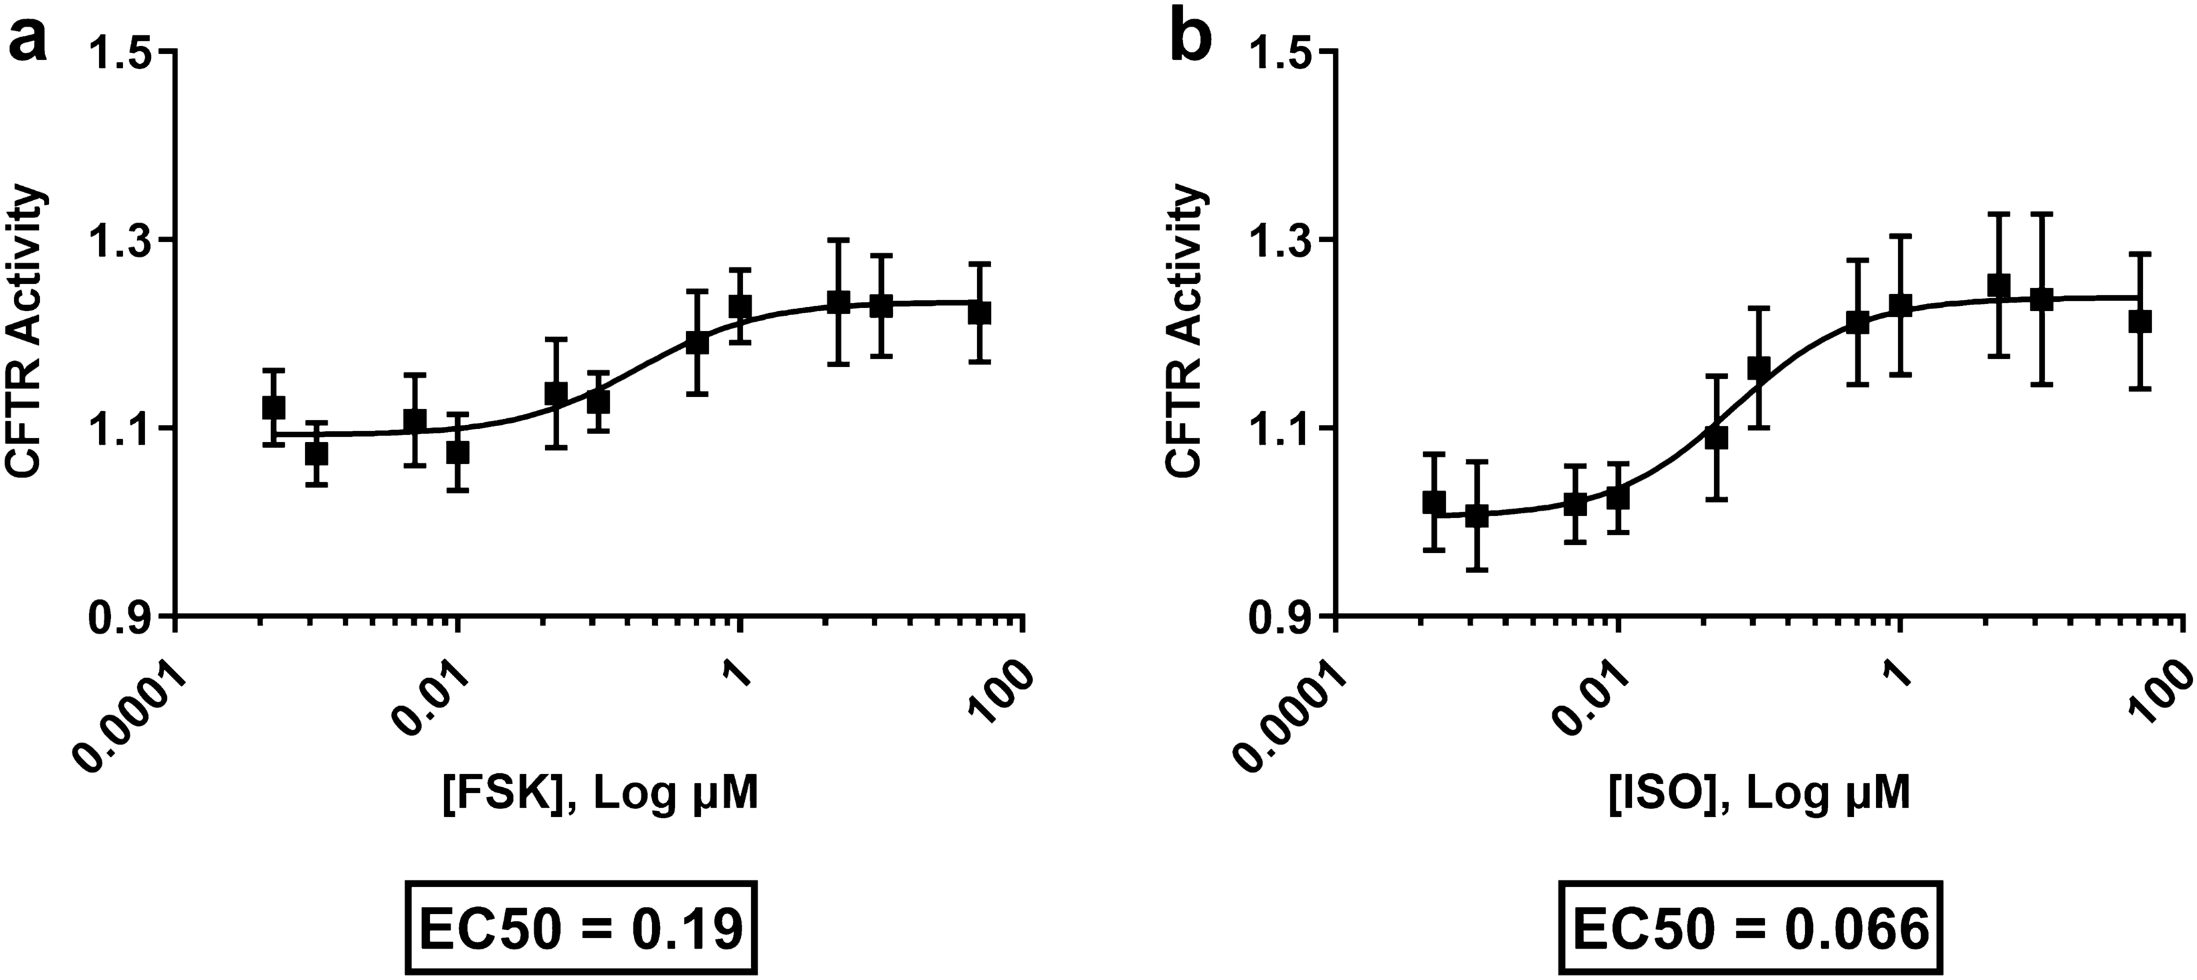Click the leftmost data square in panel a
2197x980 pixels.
click(273, 408)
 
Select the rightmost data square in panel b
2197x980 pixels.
click(2140, 322)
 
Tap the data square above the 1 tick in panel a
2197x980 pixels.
click(740, 305)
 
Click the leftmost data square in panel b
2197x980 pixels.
click(1435, 503)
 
